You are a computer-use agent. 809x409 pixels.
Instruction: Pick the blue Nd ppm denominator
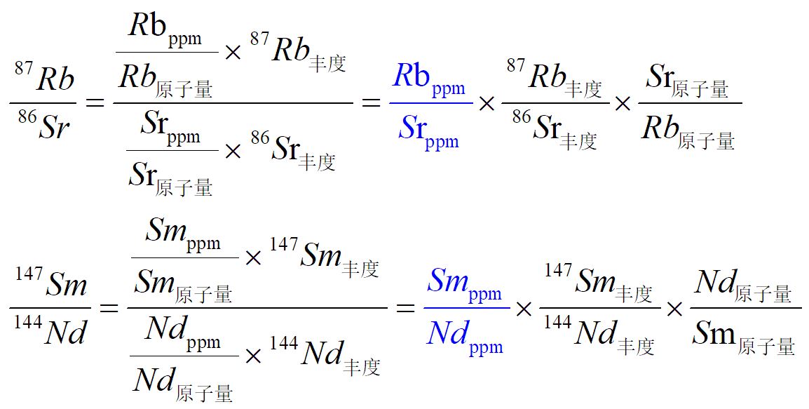pos(464,336)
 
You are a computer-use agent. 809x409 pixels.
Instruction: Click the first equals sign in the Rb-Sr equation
pos(94,104)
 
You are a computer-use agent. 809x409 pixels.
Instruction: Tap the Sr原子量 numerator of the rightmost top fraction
pos(686,81)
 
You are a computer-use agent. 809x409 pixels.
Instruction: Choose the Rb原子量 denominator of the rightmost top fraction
pos(686,131)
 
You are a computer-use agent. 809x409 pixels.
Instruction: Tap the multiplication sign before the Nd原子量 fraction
pos(674,308)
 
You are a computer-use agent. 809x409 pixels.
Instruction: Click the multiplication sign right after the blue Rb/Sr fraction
pos(486,104)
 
